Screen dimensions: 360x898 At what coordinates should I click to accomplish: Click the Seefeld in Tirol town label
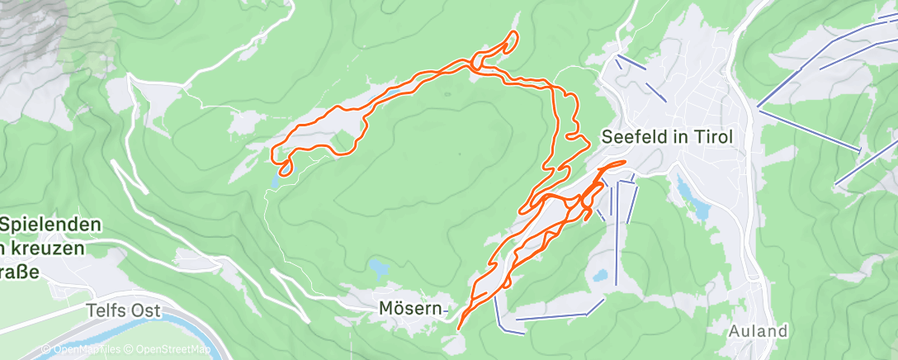(667, 138)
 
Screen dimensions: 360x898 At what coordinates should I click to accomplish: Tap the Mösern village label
(407, 309)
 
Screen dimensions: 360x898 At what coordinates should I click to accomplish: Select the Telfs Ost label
(119, 310)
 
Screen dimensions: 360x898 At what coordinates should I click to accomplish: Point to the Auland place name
(758, 332)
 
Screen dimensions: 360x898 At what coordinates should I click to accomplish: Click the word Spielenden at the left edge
(51, 225)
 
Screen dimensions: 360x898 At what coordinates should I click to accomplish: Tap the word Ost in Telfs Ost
(139, 310)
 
